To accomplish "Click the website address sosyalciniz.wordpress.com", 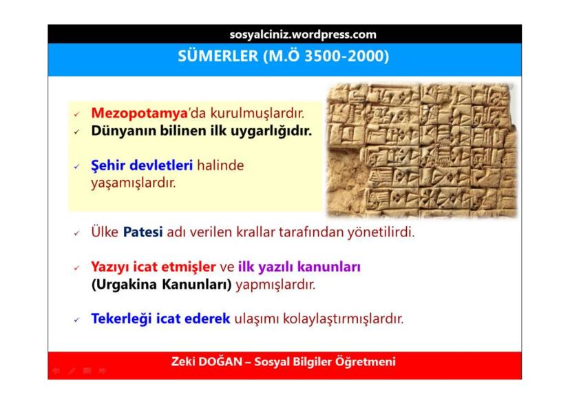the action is click(x=303, y=34).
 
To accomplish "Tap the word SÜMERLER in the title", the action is click(x=218, y=56).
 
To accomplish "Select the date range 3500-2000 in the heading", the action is click(x=344, y=56).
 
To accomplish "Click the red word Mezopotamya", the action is click(x=139, y=113).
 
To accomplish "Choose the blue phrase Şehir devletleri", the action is click(x=142, y=165).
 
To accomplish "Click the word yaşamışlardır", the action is click(x=133, y=183).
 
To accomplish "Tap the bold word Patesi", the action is click(x=143, y=232).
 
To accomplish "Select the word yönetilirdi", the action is click(x=381, y=232).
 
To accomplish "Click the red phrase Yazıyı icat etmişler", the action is click(x=154, y=267).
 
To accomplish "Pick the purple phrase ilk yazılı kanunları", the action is click(x=299, y=267).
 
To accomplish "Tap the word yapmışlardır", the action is click(x=275, y=284).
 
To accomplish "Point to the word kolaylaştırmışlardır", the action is click(x=343, y=319).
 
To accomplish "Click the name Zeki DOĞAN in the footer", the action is click(x=207, y=362).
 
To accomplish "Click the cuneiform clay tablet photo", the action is click(x=422, y=150).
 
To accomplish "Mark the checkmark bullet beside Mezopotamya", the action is click(x=76, y=114).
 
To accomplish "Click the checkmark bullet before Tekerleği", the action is click(x=76, y=321).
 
